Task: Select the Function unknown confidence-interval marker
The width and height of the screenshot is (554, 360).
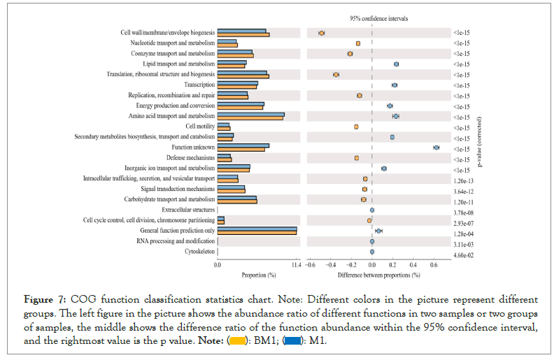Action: (x=436, y=147)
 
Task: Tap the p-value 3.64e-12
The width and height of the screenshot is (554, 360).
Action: (x=463, y=191)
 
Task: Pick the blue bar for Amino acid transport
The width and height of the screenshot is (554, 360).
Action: (x=250, y=114)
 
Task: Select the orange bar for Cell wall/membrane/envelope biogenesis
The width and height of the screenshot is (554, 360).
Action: (x=243, y=34)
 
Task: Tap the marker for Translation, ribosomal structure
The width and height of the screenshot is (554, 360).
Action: (x=336, y=74)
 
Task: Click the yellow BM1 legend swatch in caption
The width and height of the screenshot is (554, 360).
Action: (x=238, y=341)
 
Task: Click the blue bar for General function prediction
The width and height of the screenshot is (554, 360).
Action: (x=257, y=229)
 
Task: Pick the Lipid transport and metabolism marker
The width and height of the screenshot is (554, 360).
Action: (x=396, y=64)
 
